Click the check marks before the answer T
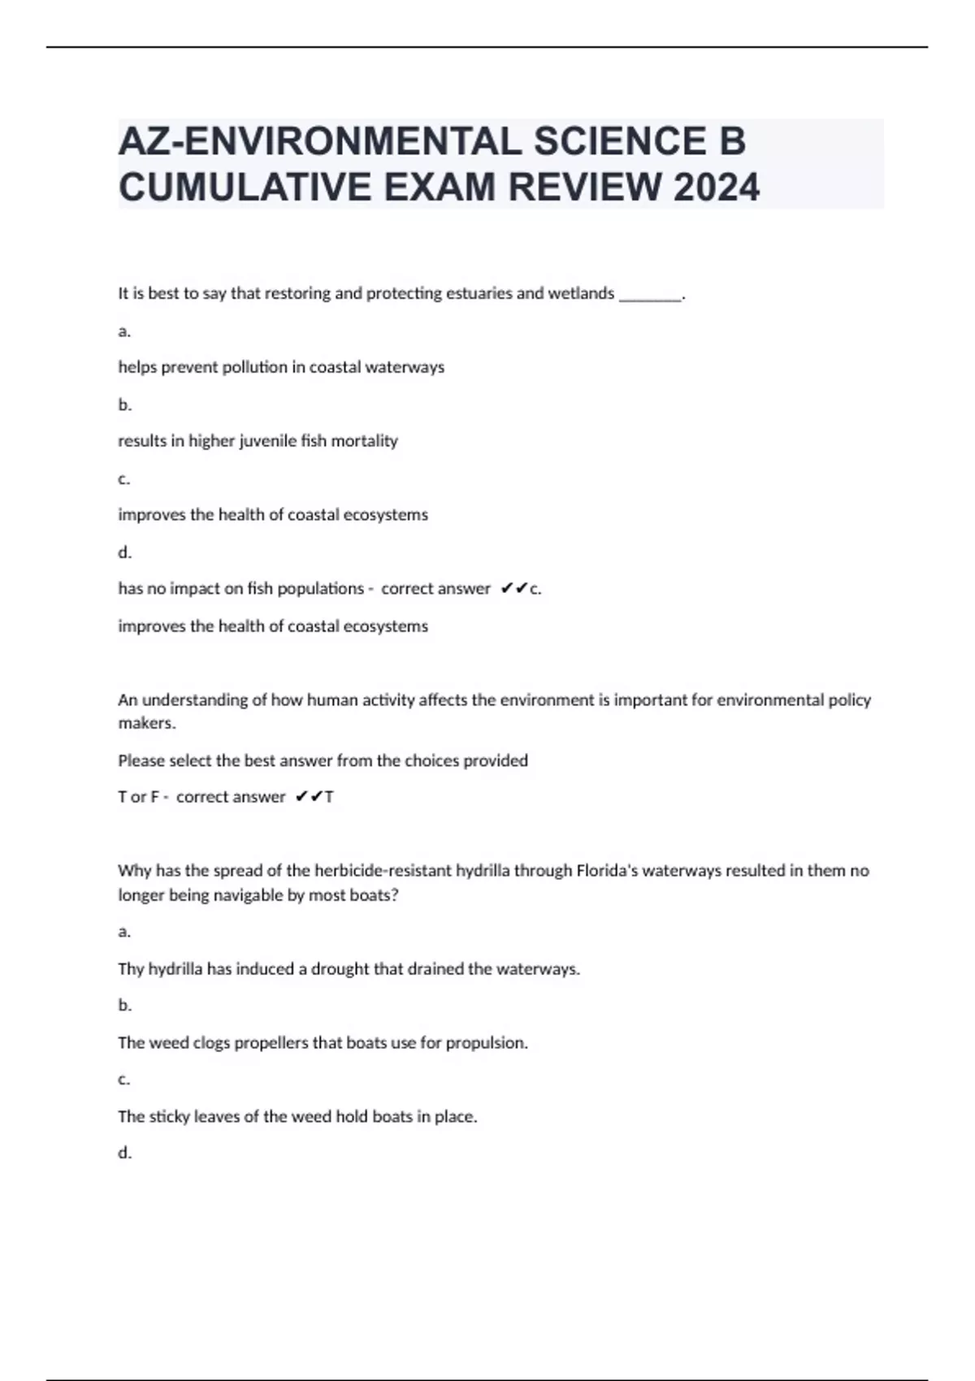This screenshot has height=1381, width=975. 308,797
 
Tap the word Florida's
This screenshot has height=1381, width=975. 607,871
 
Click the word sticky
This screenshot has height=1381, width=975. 169,1117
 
